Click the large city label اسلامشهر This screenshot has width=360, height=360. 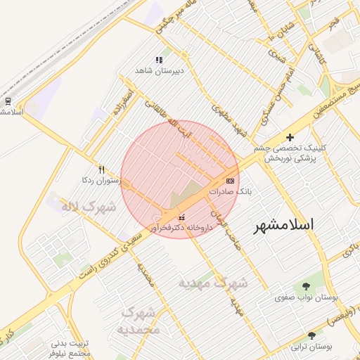tap(283, 225)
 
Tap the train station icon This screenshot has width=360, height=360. tap(7, 101)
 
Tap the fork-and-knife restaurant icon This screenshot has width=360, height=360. tap(101, 169)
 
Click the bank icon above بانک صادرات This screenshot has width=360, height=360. tap(230, 181)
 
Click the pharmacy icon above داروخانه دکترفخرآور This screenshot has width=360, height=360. tap(183, 217)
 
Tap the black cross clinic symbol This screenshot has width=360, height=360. tap(290, 136)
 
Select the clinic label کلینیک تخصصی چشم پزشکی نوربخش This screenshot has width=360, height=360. tap(290, 153)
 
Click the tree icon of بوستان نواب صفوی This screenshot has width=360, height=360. tap(306, 286)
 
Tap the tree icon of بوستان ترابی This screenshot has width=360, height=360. tap(311, 336)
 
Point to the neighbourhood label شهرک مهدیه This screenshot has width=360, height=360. tap(212, 283)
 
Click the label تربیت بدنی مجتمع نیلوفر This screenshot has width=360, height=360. tap(70, 349)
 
